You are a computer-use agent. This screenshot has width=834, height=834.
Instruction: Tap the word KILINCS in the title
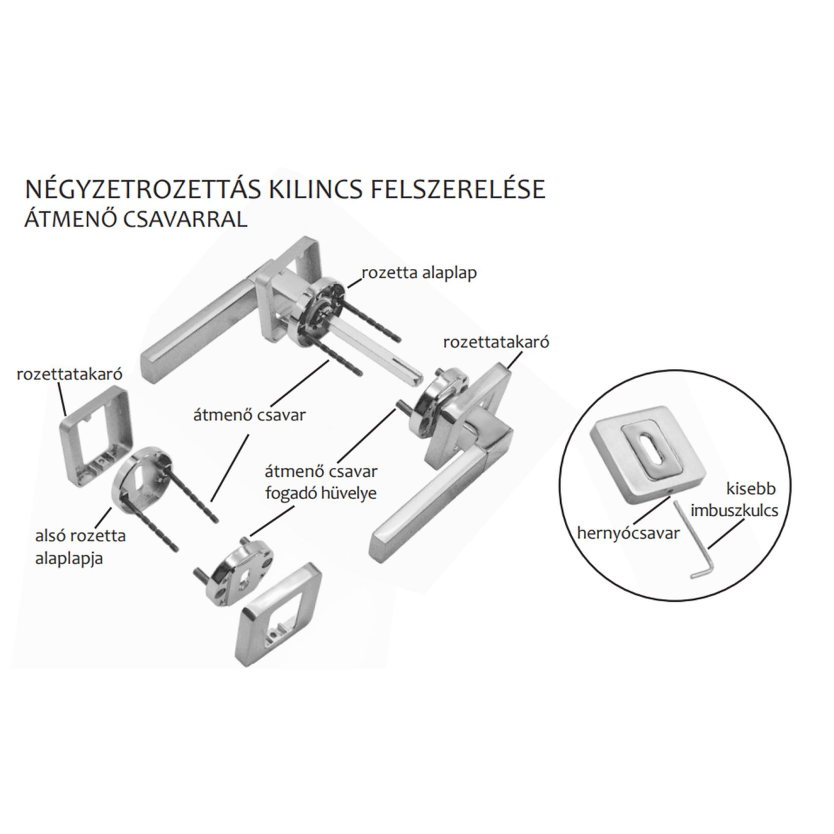click(320, 189)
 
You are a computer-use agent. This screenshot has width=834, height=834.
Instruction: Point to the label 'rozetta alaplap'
click(419, 273)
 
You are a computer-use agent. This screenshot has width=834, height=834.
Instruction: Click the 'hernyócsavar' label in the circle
click(629, 534)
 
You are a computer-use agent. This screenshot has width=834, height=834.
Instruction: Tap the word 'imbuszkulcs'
click(735, 511)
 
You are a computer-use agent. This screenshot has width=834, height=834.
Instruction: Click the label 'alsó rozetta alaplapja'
click(81, 547)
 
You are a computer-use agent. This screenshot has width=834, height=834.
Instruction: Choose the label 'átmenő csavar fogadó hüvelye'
click(321, 482)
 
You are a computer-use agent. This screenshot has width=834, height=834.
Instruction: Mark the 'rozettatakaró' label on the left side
click(69, 374)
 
